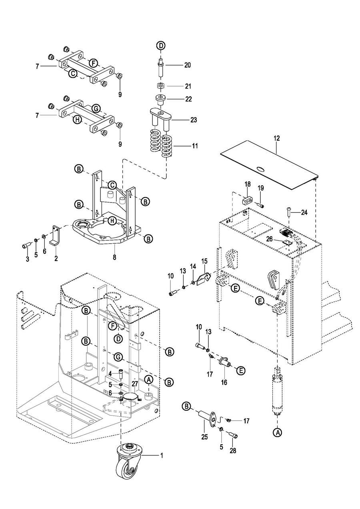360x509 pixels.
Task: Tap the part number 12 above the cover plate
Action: (x=277, y=138)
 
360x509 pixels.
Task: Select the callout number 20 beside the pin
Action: (x=188, y=66)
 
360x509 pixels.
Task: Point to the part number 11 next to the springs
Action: (x=195, y=146)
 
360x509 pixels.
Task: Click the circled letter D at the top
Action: (x=160, y=45)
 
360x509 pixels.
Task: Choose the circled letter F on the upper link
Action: (x=93, y=63)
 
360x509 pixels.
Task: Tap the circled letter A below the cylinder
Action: (x=277, y=432)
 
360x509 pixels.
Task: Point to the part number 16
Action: (x=224, y=383)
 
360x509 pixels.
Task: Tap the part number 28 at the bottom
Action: (x=233, y=451)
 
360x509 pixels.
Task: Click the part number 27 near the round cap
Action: (x=135, y=383)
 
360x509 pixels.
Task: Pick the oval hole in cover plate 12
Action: (x=260, y=169)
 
